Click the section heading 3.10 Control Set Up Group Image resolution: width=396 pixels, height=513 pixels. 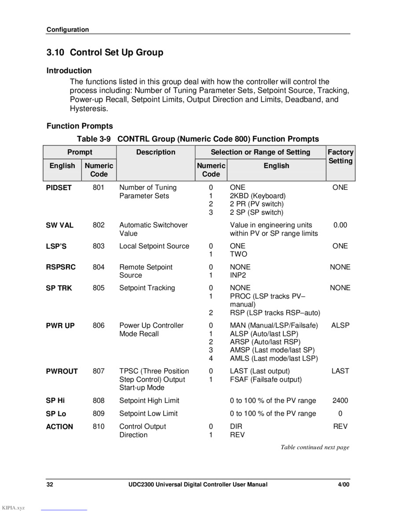click(x=105, y=52)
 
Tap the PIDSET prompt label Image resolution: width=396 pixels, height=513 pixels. click(x=59, y=188)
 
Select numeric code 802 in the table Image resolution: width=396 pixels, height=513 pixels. click(x=99, y=225)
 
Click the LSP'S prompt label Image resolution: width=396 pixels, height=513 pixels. click(x=56, y=247)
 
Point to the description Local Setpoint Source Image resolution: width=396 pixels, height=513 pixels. click(x=154, y=246)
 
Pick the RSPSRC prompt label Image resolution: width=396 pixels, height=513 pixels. click(x=61, y=267)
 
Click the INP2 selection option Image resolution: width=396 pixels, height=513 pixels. click(x=238, y=275)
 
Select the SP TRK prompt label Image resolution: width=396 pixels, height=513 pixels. click(x=59, y=288)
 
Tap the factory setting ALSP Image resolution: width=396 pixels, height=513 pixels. click(x=340, y=325)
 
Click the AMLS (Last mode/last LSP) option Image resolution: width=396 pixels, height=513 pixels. click(x=274, y=359)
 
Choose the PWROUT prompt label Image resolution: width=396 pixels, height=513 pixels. click(x=62, y=372)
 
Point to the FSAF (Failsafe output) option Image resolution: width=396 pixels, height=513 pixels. click(x=266, y=380)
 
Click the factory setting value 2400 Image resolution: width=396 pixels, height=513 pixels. click(x=340, y=401)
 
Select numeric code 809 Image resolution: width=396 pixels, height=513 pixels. click(x=99, y=413)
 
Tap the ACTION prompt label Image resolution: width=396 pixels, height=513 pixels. click(x=59, y=427)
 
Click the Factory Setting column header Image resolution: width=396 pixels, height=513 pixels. click(x=340, y=156)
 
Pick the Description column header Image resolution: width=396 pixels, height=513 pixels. click(x=156, y=152)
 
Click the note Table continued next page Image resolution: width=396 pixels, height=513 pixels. click(x=315, y=447)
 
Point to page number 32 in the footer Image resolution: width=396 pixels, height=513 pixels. click(x=50, y=485)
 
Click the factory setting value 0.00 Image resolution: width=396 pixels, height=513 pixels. click(x=340, y=225)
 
